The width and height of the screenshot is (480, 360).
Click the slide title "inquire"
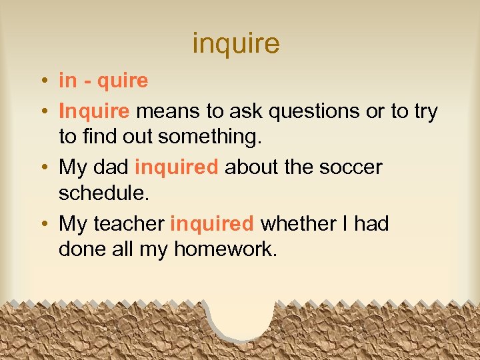coord(236,44)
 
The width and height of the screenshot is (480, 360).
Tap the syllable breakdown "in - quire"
coord(103,81)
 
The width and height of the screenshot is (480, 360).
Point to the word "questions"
coord(307,110)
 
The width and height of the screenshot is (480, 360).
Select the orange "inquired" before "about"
coord(176,167)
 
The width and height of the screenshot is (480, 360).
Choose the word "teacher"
coord(130,223)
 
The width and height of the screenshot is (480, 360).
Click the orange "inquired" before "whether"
coord(212,224)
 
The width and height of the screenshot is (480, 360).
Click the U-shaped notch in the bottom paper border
coord(241,316)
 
